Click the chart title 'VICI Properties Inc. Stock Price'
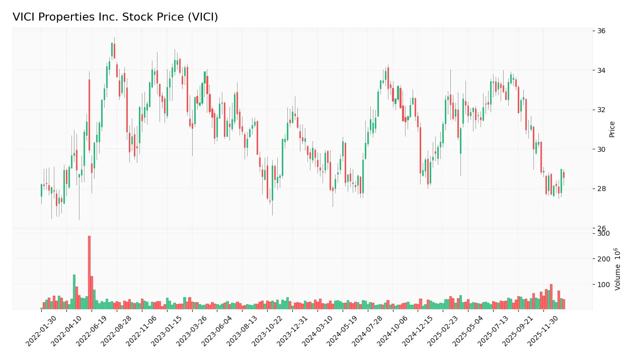click(x=115, y=17)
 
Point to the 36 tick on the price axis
click(x=601, y=31)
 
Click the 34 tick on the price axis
click(x=601, y=70)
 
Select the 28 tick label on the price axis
click(x=601, y=189)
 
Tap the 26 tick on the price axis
click(x=601, y=228)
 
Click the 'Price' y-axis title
click(x=612, y=129)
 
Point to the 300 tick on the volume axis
click(x=603, y=233)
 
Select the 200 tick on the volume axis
click(x=603, y=259)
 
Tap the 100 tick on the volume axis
click(x=603, y=285)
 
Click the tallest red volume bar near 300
click(x=89, y=272)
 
